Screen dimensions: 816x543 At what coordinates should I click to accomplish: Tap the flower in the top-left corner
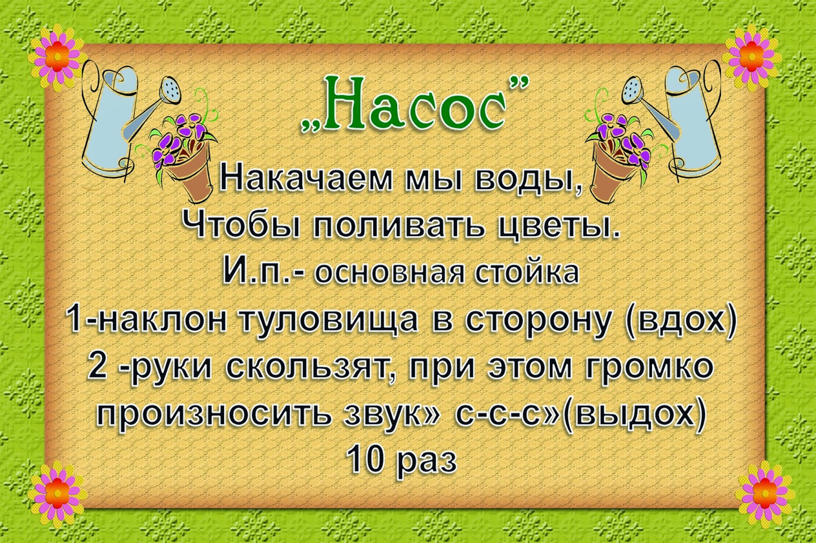pos(57,58)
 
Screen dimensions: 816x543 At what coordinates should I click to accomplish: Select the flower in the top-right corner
pos(752,58)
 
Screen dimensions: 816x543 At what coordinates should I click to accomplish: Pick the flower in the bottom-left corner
pos(57,494)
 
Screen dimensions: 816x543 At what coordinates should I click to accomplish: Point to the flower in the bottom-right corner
pos(765,494)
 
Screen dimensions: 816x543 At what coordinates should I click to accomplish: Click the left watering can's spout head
pos(170,89)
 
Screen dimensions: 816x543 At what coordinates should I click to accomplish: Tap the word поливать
pos(398,225)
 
